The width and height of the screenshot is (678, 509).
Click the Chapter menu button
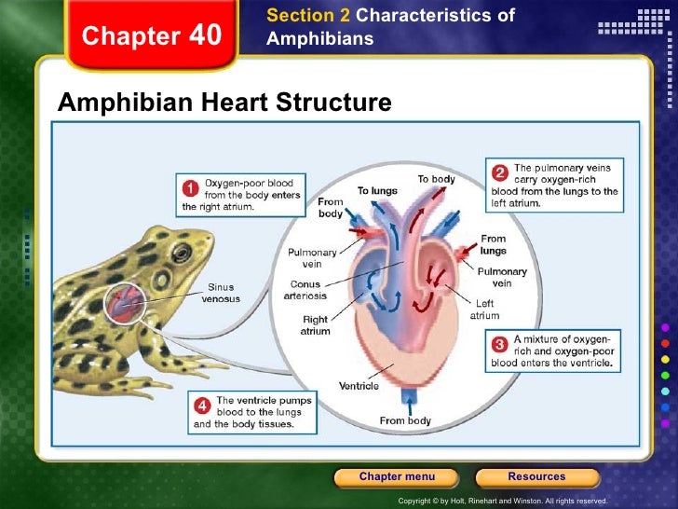point(396,477)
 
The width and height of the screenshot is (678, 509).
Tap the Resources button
point(536,477)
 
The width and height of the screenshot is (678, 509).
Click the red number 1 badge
point(190,187)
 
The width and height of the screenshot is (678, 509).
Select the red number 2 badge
point(499,172)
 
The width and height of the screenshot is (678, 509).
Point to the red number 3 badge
point(499,343)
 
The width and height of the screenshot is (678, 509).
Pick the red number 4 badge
point(202,406)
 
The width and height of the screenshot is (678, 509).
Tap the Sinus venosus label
point(221,293)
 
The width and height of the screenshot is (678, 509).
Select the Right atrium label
point(315,324)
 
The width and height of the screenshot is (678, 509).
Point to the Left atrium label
point(484,309)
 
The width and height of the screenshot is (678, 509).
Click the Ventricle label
point(358,386)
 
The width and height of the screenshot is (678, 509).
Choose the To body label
point(436,178)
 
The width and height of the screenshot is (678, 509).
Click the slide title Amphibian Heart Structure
point(224,102)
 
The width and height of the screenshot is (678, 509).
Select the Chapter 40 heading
point(152,36)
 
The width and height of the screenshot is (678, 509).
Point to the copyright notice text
point(502,501)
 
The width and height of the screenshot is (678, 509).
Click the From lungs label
point(493,244)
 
